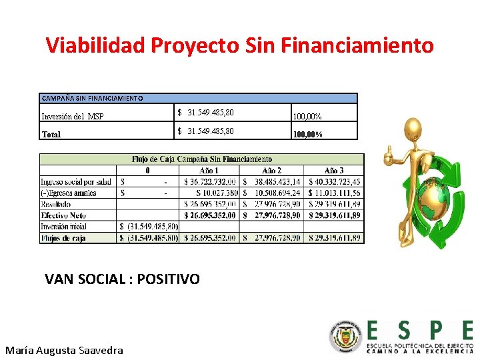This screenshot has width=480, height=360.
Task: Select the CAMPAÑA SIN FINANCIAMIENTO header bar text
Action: click(x=92, y=98)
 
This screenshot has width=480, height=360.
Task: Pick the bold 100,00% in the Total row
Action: click(x=308, y=134)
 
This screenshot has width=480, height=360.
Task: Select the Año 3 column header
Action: click(x=334, y=171)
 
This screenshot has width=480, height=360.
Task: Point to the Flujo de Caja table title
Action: click(x=202, y=159)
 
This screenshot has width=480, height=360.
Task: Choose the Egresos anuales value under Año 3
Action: click(x=334, y=193)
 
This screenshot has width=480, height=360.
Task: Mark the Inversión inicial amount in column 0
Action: click(x=149, y=227)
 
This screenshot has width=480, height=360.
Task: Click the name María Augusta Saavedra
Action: click(x=64, y=349)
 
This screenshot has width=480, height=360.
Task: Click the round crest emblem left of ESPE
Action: click(x=345, y=337)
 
